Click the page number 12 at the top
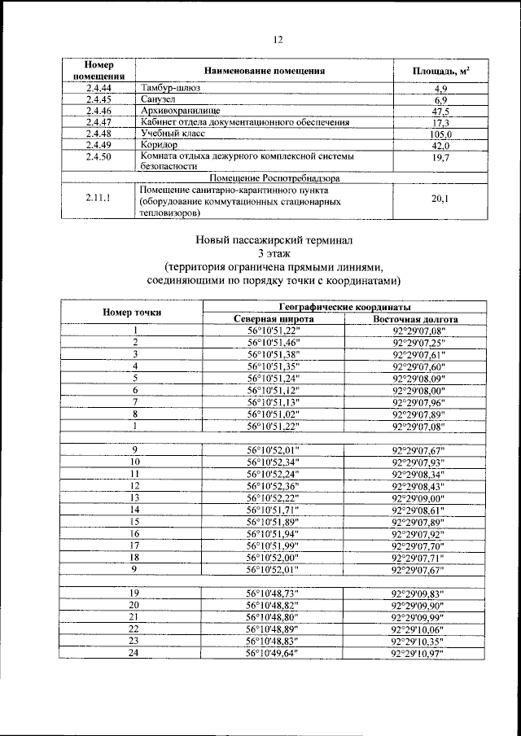[277, 39]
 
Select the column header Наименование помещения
[265, 71]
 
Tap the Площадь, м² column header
[440, 71]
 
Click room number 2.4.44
[98, 87]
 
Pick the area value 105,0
[440, 134]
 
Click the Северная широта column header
[273, 319]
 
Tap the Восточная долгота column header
[415, 319]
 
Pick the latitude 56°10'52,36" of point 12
[273, 486]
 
